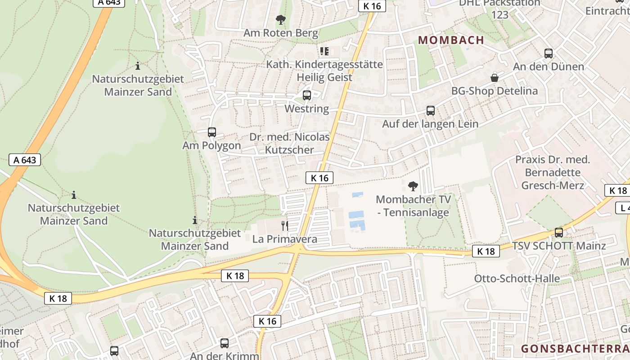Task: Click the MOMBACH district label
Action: [x=451, y=40]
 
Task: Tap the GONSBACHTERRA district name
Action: [x=575, y=349]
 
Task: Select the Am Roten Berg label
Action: [x=281, y=33]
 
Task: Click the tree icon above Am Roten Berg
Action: [x=281, y=20]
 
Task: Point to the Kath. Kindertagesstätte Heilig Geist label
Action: [x=324, y=71]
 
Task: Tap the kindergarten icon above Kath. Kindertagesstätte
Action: [x=324, y=51]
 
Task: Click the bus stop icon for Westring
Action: [x=307, y=95]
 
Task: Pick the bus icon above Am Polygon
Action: [x=212, y=132]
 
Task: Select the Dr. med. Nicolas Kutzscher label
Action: [x=289, y=144]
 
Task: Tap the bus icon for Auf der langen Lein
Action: [x=431, y=111]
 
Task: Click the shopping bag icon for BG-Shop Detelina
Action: [x=495, y=78]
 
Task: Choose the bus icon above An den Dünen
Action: [x=549, y=54]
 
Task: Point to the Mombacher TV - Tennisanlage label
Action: [x=413, y=206]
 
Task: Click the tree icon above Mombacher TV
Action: [x=413, y=186]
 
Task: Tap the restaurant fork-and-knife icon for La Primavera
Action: [x=284, y=225]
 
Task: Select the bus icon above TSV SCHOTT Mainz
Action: [x=559, y=233]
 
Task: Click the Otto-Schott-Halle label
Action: [x=517, y=279]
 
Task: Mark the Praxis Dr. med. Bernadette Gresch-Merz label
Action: [x=553, y=172]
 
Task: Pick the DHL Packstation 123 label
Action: [x=499, y=9]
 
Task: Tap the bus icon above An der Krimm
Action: [x=225, y=343]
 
